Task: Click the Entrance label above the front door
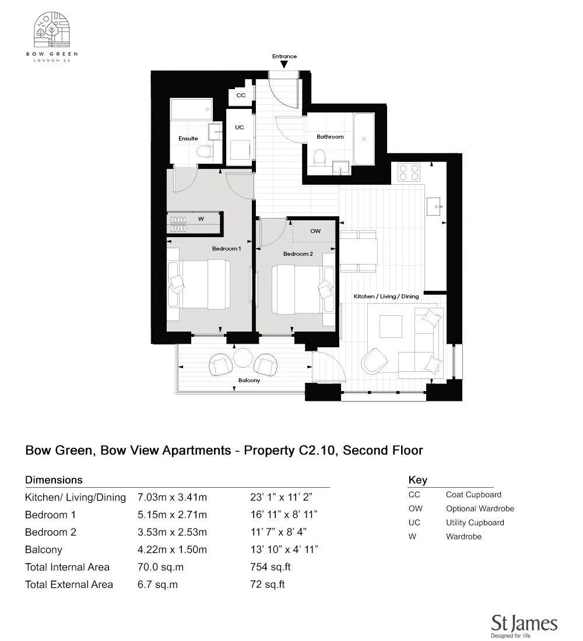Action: point(285,57)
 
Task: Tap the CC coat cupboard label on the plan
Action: point(241,95)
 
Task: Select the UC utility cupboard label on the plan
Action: point(240,127)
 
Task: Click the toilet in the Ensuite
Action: point(203,153)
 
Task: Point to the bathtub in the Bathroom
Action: point(364,138)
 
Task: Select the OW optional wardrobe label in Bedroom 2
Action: point(315,231)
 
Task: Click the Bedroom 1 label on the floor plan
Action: point(226,249)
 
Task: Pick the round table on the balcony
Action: point(242,358)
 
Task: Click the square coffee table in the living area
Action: point(391,326)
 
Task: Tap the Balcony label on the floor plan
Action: point(249,381)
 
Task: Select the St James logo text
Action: point(524,623)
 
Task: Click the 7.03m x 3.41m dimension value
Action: point(172,498)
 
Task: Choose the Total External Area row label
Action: point(69,584)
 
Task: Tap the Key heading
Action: point(417,480)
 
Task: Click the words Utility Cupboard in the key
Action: point(475,523)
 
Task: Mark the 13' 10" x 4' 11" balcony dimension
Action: point(283,550)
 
